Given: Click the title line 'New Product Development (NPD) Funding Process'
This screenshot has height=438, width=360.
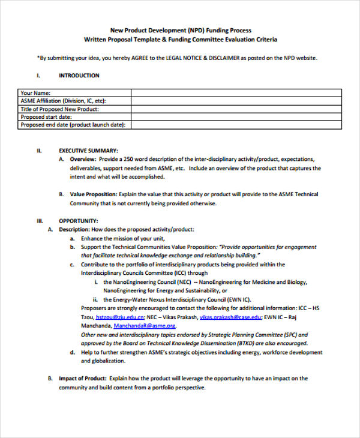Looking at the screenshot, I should tap(180, 30).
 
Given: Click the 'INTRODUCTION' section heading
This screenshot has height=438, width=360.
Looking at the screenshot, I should tap(79, 76).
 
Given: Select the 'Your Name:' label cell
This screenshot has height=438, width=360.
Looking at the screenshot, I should tap(35, 93).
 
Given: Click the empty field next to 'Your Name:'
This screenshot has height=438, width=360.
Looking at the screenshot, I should tap(236, 93).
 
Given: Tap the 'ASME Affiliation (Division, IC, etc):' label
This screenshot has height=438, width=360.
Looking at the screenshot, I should tap(67, 101).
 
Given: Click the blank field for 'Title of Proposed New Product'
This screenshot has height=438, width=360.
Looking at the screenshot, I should tap(236, 109).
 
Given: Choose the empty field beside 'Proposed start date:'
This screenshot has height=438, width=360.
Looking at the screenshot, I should tap(236, 117).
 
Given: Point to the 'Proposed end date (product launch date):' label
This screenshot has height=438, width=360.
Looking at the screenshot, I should tap(73, 125).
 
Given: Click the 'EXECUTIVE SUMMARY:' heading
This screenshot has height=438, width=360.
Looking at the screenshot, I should tap(88, 151).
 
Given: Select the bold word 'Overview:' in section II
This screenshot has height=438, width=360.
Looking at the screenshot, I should tap(83, 160).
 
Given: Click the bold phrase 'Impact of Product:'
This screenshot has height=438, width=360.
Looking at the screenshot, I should tap(83, 379).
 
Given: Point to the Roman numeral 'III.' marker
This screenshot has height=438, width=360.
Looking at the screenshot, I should tap(41, 221).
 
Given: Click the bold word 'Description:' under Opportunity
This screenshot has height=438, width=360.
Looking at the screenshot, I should tap(74, 229).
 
